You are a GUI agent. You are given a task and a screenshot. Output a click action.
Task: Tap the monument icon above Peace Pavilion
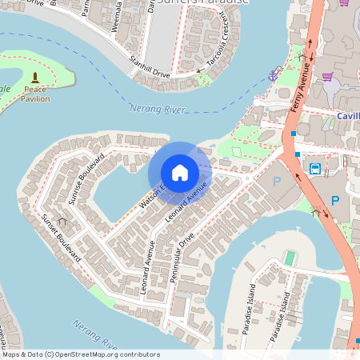coord(34,78)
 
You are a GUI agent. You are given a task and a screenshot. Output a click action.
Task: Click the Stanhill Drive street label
coord(150,67)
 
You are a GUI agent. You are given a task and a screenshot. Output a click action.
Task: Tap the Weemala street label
coord(118,15)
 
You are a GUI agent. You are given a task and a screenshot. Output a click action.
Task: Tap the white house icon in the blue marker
coord(180,173)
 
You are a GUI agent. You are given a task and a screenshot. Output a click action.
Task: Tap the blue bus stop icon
coord(315,169)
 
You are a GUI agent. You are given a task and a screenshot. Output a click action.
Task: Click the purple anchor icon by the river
coord(272,75)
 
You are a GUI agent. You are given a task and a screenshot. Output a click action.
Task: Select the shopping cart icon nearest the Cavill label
coord(328,77)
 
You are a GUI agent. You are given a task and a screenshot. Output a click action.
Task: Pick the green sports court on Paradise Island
coord(290,258)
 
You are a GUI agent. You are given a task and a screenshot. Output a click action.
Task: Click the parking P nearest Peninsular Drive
coord(277,182)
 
